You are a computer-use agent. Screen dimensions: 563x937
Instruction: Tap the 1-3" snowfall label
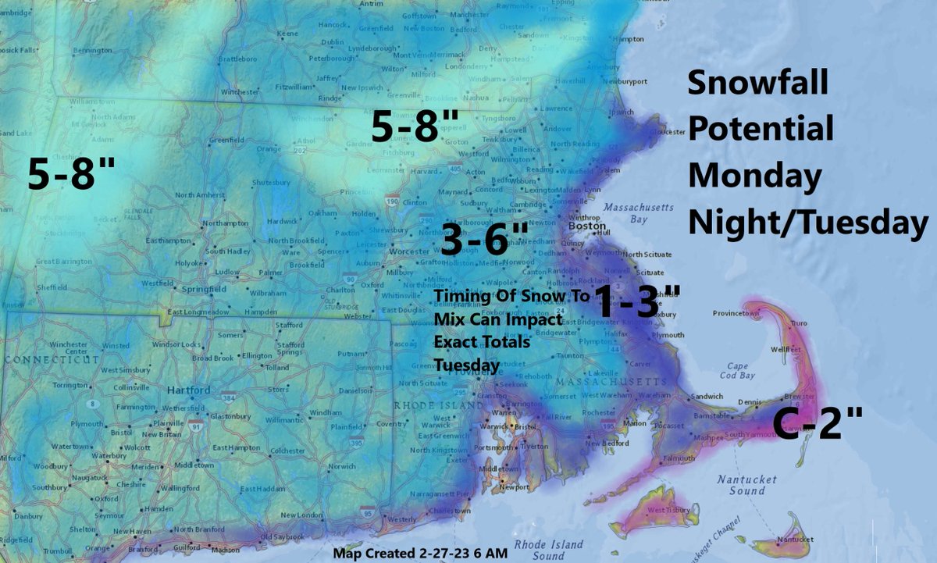pos(636,301)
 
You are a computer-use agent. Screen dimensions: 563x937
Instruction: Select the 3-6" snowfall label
pos(485,239)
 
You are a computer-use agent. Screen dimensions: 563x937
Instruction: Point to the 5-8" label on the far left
pos(72,173)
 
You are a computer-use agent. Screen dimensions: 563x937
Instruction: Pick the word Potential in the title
pos(761,129)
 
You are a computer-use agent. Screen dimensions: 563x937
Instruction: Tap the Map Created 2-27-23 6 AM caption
pos(420,554)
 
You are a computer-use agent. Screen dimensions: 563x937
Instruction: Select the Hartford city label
pos(188,390)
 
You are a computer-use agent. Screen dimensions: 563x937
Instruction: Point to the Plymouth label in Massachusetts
pos(668,334)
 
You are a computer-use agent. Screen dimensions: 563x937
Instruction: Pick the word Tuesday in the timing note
pos(467,365)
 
